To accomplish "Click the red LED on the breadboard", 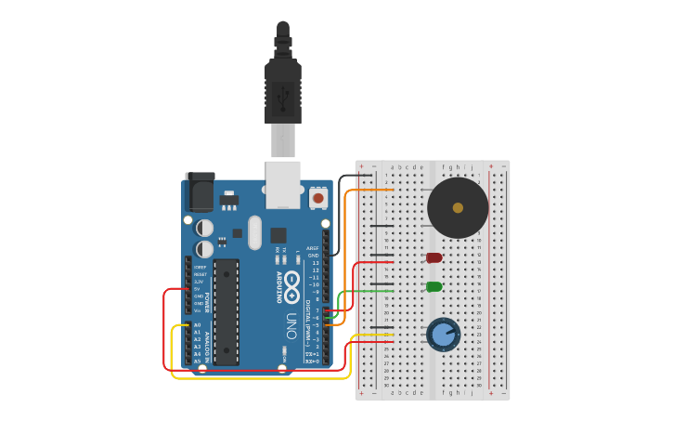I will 434,257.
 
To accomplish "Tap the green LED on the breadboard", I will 434,286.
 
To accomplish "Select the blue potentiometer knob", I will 444,334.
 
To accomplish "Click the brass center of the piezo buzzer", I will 458,207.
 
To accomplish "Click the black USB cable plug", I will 283,88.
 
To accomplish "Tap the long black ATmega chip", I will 226,311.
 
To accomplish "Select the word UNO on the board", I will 291,325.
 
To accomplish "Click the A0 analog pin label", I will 197,324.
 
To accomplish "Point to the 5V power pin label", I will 197,288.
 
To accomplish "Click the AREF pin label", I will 313,248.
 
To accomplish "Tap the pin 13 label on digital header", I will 315,262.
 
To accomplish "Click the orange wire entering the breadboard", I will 371,191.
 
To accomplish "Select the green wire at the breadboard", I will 371,291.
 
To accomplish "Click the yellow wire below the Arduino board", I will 260,378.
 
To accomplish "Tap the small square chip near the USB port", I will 278,235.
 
